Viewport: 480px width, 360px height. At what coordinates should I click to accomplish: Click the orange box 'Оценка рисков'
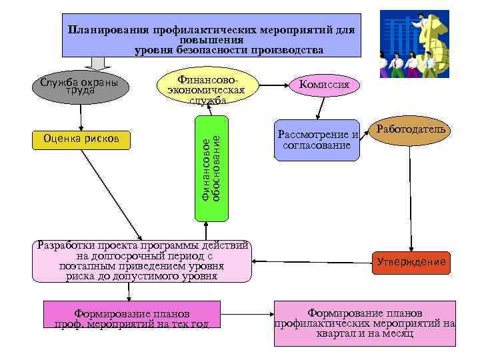(81, 139)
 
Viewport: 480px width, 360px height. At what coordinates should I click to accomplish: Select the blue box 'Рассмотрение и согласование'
(317, 140)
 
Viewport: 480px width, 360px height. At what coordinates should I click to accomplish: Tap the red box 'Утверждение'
(411, 262)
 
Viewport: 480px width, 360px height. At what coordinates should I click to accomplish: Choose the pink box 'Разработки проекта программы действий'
(145, 261)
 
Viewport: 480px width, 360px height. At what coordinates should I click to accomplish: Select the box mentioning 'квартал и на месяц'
(365, 323)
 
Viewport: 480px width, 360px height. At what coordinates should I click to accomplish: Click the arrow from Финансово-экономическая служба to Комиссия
(274, 85)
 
